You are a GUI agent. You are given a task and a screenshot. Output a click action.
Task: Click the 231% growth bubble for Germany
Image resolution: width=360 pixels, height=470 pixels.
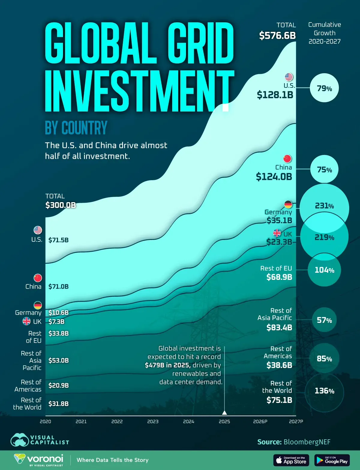[x=324, y=206]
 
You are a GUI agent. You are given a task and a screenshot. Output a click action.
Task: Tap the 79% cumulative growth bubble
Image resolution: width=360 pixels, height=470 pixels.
[x=324, y=88]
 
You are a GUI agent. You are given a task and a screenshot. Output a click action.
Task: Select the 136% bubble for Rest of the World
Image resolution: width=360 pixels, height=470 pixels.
[x=324, y=391]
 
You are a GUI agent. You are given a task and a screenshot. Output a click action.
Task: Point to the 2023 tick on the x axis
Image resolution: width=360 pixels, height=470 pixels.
[x=153, y=421]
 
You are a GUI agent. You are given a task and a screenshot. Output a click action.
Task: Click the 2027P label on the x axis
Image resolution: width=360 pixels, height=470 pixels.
[x=296, y=421]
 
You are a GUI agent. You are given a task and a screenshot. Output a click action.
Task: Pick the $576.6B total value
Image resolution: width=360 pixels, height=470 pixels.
[x=277, y=35]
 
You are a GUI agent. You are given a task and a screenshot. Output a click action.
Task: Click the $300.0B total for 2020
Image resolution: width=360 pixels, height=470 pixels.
[x=61, y=205]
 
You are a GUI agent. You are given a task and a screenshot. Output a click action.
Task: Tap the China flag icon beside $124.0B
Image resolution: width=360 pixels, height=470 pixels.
[x=287, y=159]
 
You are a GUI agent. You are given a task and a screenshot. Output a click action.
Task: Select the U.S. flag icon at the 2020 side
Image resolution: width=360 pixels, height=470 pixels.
[x=38, y=230]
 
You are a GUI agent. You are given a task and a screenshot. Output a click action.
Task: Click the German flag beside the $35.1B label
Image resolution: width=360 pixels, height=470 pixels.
[x=288, y=205]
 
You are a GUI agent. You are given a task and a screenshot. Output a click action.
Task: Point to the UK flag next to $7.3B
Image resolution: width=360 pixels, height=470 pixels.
[x=27, y=321]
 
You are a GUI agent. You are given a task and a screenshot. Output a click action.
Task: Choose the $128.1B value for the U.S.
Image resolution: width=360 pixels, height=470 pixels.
[x=275, y=95]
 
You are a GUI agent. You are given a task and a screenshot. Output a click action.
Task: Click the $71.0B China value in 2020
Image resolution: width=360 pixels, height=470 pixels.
[x=58, y=287]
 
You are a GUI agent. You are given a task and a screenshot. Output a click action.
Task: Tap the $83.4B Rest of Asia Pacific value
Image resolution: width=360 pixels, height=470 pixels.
[x=279, y=327]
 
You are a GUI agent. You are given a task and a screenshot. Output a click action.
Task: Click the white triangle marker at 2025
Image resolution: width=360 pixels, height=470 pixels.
[x=224, y=412]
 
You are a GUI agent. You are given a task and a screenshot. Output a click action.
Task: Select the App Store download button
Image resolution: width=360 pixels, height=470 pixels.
[x=291, y=460]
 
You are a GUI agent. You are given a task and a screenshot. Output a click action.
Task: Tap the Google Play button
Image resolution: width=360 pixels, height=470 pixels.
[x=332, y=460]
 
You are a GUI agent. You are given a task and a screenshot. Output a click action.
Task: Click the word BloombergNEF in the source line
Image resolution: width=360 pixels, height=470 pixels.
[x=307, y=442]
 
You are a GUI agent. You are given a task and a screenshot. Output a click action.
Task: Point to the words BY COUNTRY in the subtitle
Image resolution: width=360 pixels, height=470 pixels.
[x=76, y=128]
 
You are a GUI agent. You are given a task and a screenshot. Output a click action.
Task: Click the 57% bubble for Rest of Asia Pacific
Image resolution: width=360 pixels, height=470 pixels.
[x=324, y=320]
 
